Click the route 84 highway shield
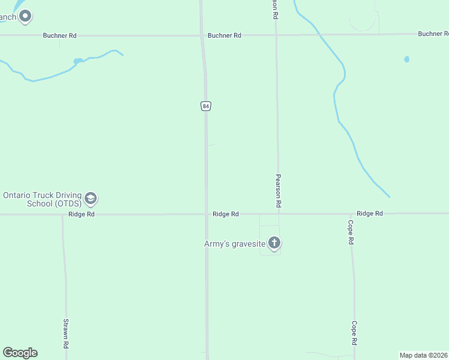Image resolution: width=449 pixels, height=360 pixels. click(x=206, y=106)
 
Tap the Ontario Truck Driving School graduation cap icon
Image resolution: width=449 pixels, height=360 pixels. click(x=91, y=198)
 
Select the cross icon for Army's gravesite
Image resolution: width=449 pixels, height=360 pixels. click(x=274, y=243)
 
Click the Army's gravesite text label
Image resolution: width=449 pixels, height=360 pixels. click(x=235, y=244)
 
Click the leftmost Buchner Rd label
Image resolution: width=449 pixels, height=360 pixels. click(x=59, y=35)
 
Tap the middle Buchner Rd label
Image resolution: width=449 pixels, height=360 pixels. click(x=224, y=35)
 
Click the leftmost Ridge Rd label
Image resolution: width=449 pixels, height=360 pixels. click(x=82, y=214)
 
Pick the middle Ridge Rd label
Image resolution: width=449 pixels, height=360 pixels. click(x=226, y=214)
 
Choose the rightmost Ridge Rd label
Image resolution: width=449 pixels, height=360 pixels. click(x=369, y=214)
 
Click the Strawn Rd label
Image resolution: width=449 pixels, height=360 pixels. click(x=66, y=334)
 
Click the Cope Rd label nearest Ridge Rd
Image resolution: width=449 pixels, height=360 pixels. click(x=351, y=232)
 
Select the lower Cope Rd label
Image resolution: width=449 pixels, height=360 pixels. click(x=354, y=333)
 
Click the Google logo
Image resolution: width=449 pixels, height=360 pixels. click(x=20, y=353)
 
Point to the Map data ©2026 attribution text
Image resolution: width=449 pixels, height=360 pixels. click(x=424, y=355)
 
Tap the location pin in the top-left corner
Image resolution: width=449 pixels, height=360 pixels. click(x=25, y=16)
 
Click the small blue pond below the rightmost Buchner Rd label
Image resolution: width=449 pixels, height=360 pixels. click(x=406, y=59)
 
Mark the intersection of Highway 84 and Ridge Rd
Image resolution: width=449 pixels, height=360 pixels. click(x=206, y=214)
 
